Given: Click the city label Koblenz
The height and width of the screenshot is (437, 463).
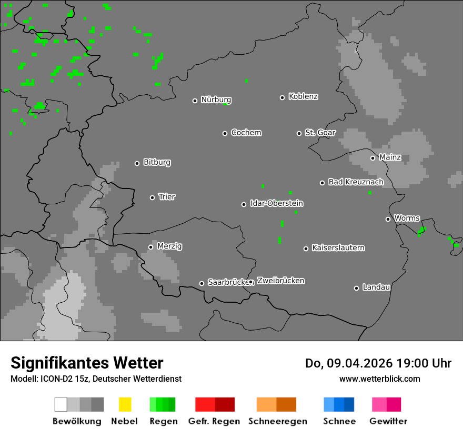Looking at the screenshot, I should coord(303,96).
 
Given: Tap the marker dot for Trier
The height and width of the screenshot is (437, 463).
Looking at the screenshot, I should coord(153,197).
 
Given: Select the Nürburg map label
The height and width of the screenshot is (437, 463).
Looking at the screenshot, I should coord(216,100).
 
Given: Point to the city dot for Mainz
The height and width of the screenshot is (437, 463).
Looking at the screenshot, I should coord(373,158).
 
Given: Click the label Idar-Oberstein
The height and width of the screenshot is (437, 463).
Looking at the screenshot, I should coord(276,203).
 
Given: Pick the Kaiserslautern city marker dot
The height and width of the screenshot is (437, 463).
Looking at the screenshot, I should coord(306,249).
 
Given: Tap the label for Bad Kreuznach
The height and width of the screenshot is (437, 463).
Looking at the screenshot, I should coord(356,182).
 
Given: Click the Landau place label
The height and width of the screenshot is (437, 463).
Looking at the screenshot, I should coord(376,287).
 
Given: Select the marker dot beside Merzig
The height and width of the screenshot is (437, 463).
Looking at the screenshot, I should coord(150,247).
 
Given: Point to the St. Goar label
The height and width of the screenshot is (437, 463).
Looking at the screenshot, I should coord(320,133).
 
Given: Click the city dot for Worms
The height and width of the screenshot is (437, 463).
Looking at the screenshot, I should coord(388,219).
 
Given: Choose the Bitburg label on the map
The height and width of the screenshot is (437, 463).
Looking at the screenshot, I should coord(157,162).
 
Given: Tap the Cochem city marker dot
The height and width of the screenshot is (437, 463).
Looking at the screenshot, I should coord(225,133).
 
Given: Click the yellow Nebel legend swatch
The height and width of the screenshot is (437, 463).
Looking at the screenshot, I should coord(125,404).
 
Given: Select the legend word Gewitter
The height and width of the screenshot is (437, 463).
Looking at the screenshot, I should coord(388,421).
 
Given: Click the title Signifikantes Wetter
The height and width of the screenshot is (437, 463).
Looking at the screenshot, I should coord(87,363).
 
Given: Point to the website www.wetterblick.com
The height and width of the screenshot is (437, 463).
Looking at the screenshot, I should coord(379,379).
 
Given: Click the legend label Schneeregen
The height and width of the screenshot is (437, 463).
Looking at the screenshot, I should coord(277,421).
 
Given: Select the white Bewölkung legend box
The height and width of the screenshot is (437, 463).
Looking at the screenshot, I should coord(61,404).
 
